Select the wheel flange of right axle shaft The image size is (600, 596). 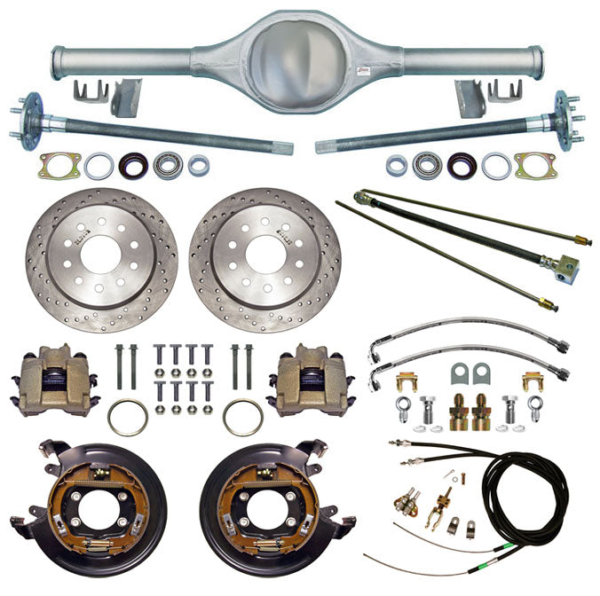[566, 114]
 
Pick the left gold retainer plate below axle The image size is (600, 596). [60, 165]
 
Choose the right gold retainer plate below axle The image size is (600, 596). [535, 165]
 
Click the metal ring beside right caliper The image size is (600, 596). [242, 417]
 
